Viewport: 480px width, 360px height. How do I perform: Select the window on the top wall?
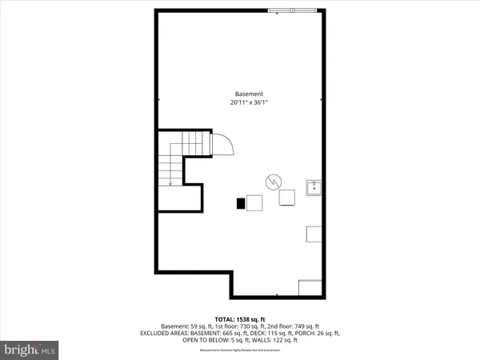tap(294, 10)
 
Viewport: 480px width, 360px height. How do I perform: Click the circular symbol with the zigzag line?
tap(274, 181)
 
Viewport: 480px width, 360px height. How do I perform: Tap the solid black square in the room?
tap(240, 203)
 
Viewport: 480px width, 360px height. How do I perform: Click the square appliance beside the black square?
tap(254, 203)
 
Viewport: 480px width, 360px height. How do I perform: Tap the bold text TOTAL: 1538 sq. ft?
tap(240, 318)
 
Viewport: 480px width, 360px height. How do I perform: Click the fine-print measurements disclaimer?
tap(240, 349)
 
